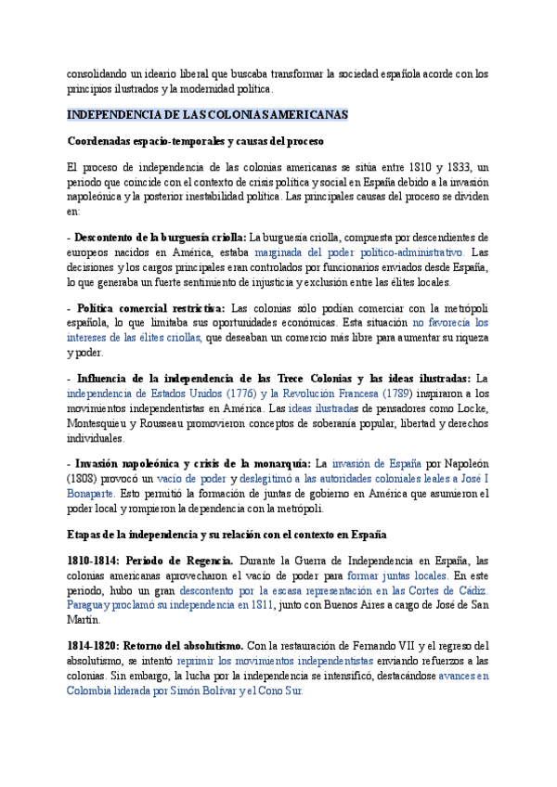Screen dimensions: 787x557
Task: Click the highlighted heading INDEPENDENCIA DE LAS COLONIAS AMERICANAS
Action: [208, 115]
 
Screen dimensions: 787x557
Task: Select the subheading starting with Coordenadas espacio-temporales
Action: [195, 141]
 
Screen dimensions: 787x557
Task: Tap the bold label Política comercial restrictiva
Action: [150, 308]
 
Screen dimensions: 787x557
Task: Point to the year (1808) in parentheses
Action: [86, 477]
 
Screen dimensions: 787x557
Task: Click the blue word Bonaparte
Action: [90, 493]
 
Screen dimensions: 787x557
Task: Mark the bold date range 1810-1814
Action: [92, 561]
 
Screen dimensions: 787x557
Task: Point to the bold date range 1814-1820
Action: [92, 645]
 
